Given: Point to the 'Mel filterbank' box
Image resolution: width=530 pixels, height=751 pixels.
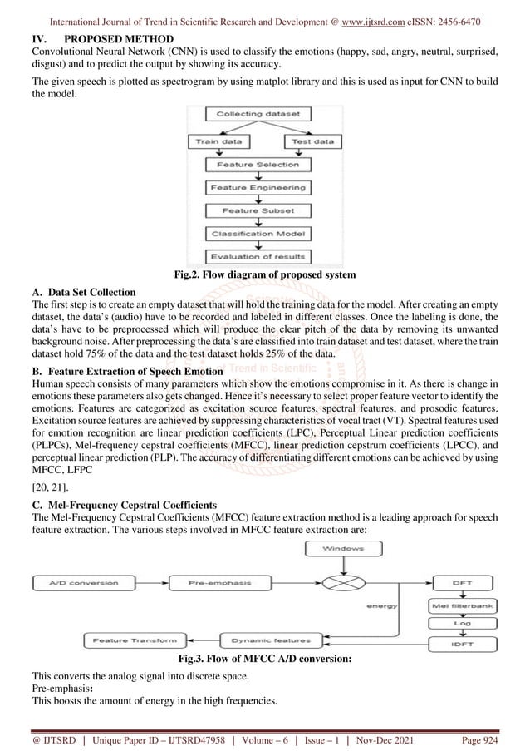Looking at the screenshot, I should (x=463, y=605).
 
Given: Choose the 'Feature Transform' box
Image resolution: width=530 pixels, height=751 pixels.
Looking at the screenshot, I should (x=131, y=640).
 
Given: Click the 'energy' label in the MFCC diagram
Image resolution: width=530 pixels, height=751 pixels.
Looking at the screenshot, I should (x=386, y=606).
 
